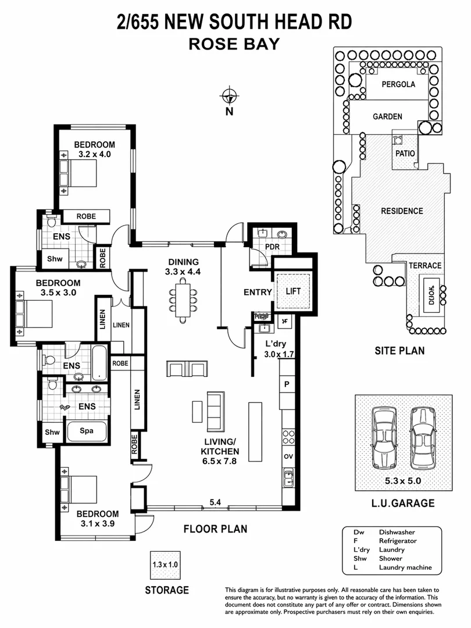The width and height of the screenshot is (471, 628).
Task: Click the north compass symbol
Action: pos(230,96)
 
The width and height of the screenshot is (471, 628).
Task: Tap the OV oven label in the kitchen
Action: pos(287,456)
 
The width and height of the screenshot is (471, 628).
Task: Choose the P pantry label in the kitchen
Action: pos(287,384)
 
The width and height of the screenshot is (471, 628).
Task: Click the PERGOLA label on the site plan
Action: pos(398,84)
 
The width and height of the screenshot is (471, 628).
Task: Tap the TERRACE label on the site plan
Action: pos(426,266)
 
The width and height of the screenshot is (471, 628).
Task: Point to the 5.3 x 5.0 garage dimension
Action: pos(403,481)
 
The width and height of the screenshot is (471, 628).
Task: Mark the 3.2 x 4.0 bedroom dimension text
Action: pos(94,155)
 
